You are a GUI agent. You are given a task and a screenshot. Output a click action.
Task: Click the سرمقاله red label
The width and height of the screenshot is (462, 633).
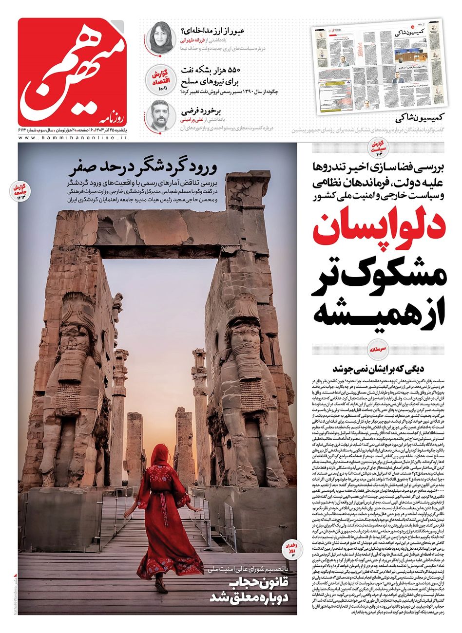click(378, 349)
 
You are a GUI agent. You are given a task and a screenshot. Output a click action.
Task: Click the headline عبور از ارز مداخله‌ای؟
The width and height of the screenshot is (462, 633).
click(212, 31)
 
